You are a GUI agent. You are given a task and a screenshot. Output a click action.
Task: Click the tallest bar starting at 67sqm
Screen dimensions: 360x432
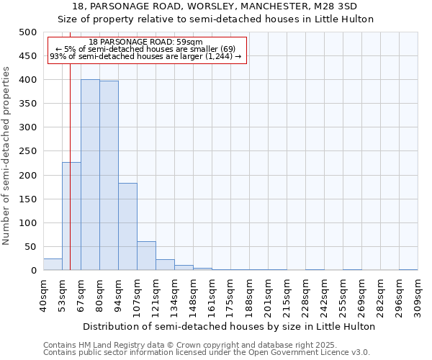[x=90, y=175]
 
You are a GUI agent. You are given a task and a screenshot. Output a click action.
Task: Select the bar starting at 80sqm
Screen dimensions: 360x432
[x=109, y=176]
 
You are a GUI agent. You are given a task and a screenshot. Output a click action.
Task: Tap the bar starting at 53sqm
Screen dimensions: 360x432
[x=71, y=216]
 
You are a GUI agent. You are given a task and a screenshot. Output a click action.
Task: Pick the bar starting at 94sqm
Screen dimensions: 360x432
[x=127, y=227]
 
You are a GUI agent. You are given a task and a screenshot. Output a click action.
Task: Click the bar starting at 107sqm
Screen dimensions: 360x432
[x=146, y=256]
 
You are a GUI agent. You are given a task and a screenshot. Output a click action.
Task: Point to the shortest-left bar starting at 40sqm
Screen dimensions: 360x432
[x=53, y=264]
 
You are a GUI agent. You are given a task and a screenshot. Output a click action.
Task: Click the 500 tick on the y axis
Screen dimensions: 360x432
[x=28, y=32]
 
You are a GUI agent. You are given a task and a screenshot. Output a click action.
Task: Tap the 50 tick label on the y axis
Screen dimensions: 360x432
[x=31, y=247]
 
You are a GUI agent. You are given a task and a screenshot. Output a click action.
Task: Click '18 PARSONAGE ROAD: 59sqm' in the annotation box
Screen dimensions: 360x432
[x=147, y=42]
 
